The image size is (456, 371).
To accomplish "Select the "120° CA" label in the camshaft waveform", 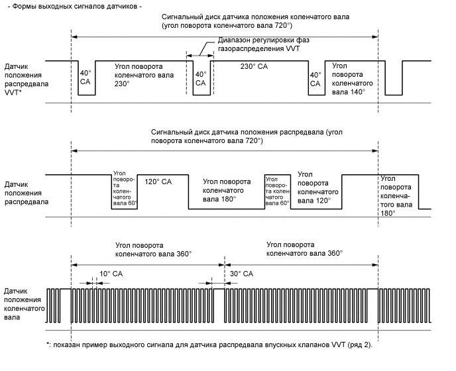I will [158, 182].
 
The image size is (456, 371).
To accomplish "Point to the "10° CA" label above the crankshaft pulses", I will [111, 273].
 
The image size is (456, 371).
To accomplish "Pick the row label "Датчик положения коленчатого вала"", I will [25, 304].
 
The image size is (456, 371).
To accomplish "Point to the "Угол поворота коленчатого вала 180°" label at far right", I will [397, 195].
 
